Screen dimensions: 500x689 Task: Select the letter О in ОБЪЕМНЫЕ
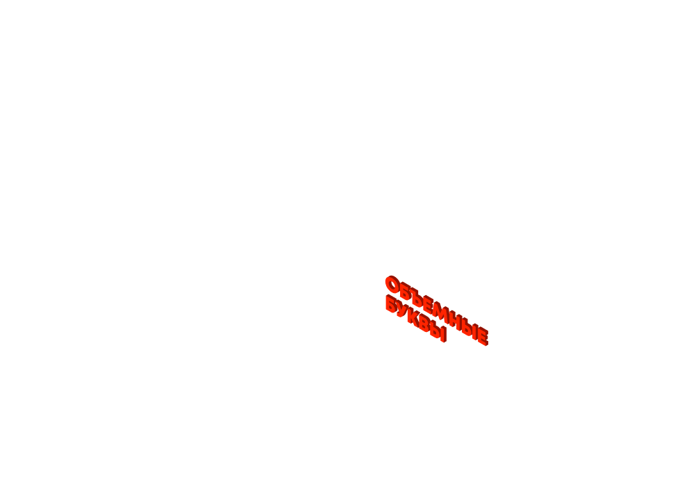(x=392, y=285)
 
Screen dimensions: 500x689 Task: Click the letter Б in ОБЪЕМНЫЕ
(x=404, y=292)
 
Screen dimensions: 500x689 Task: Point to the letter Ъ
(x=415, y=299)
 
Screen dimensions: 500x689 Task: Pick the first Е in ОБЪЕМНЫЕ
(x=426, y=306)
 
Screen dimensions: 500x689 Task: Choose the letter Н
(x=453, y=320)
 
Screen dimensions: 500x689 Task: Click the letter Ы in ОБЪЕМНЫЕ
(x=467, y=328)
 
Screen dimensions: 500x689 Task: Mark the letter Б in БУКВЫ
(x=391, y=304)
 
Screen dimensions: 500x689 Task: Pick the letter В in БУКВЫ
(x=424, y=325)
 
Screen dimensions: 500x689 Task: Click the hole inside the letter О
(x=392, y=285)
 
